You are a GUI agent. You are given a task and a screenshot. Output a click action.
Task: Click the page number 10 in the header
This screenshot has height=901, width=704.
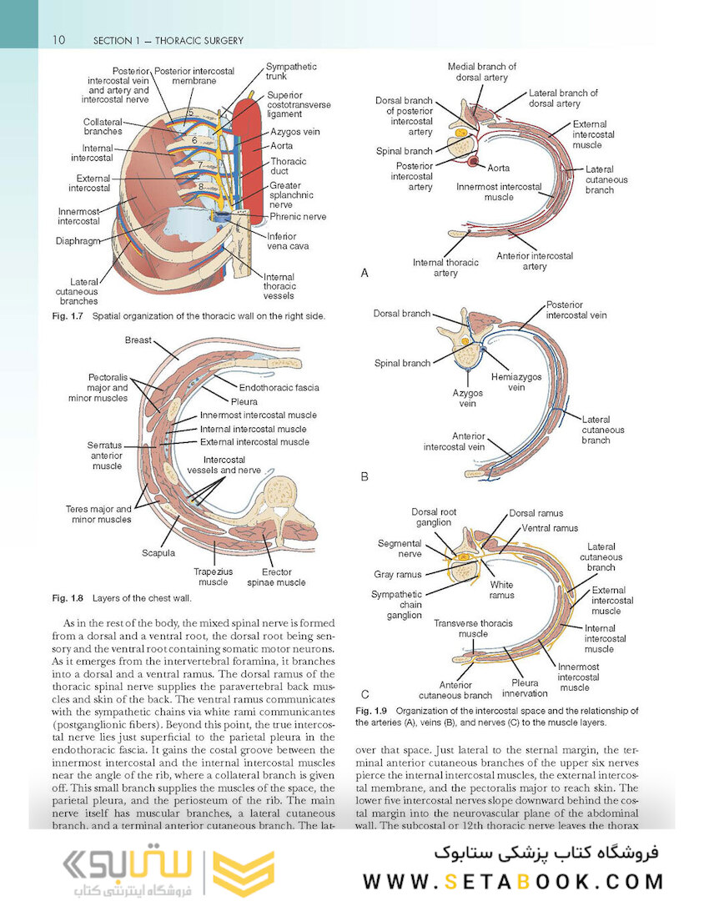(58, 40)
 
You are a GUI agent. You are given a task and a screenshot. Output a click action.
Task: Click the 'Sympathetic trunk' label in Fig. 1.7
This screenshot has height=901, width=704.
(291, 71)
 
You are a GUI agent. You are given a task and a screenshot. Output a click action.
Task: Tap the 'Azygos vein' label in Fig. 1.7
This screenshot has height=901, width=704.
(294, 132)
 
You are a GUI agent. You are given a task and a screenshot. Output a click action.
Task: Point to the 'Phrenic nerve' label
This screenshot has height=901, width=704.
(298, 217)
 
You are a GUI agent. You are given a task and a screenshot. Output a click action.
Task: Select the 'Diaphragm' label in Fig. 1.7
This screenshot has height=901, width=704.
(78, 241)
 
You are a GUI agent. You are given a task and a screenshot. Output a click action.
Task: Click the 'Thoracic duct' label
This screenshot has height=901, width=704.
(288, 166)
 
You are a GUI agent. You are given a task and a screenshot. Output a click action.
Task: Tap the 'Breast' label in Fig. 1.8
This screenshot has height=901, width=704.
(138, 340)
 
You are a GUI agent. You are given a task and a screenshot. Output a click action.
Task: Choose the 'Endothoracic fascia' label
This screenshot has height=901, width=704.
(279, 388)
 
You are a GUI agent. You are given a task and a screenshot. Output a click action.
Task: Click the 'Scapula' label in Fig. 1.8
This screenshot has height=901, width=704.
(158, 553)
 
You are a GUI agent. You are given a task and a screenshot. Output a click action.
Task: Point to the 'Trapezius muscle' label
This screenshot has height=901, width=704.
(214, 577)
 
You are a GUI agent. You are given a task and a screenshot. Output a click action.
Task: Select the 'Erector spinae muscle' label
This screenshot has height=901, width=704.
(276, 577)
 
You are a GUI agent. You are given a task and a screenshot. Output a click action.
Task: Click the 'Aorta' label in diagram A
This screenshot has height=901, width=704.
(498, 168)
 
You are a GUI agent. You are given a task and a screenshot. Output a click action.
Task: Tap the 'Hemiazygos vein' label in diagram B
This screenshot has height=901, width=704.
(516, 382)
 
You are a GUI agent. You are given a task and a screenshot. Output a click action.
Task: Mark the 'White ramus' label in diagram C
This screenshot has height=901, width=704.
(501, 590)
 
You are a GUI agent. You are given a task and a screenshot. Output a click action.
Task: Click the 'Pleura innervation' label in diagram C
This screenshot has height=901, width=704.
(525, 687)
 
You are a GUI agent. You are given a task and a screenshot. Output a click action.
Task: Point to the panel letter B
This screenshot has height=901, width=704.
(364, 476)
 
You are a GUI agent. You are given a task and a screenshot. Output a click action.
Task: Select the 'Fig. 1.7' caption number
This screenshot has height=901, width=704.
(68, 316)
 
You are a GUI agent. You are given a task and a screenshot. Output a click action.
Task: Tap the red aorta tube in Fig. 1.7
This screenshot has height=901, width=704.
(249, 149)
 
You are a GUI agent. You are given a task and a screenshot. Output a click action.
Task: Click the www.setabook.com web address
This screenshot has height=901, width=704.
(512, 882)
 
